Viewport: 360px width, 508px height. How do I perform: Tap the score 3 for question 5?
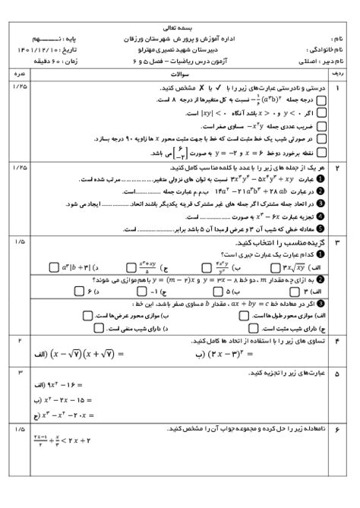coord(19,373)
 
